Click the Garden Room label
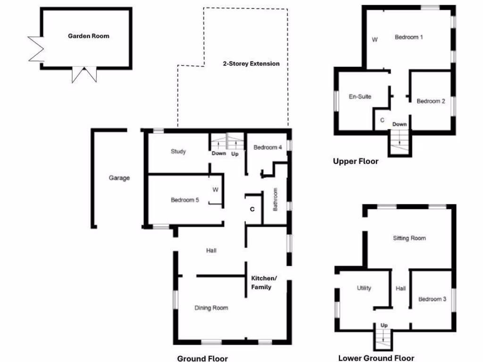pos(88,36)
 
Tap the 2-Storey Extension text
pos(251,64)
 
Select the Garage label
pos(119,178)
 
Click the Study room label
pos(178,152)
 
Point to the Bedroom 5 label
pos(184,200)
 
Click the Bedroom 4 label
pos(267,148)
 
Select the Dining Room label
pos(211,308)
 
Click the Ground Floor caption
pos(202,359)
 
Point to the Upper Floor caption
pos(356,161)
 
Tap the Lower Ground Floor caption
pos(376,358)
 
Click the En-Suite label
pos(360,97)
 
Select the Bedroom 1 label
pos(408,37)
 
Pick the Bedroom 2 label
pos(431,101)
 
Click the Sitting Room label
pos(409,238)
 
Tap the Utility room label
pos(364,288)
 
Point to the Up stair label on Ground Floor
pos(234,154)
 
